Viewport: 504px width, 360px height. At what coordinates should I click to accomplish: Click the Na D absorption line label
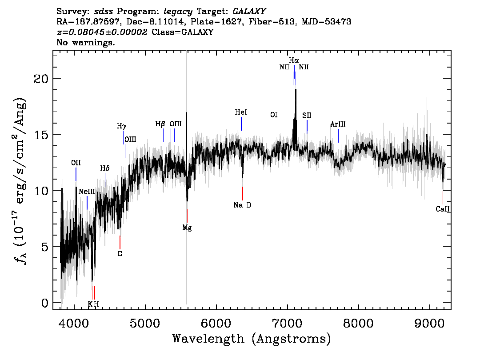click(x=242, y=205)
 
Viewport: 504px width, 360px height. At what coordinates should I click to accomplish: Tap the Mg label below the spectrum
click(x=187, y=228)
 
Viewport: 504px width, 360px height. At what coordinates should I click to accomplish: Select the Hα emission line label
click(x=294, y=60)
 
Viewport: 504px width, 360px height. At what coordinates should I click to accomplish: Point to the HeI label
click(x=241, y=112)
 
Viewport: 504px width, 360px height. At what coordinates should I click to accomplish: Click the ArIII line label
click(x=338, y=124)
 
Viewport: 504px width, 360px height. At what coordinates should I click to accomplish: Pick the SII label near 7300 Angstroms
click(x=307, y=116)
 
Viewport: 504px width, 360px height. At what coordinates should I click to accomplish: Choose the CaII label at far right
click(x=443, y=209)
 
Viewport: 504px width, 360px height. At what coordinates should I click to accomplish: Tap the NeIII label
click(x=87, y=192)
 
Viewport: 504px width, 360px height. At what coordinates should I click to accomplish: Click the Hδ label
click(x=105, y=168)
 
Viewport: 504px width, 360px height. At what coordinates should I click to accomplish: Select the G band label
click(x=120, y=254)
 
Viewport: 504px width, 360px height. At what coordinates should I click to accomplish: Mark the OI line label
click(x=274, y=115)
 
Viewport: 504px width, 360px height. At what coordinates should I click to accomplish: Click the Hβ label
click(x=160, y=124)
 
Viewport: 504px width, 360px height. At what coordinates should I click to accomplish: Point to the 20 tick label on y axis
click(x=41, y=78)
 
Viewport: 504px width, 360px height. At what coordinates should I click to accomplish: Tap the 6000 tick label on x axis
click(x=216, y=324)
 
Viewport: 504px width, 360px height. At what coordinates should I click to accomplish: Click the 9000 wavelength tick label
click(x=429, y=324)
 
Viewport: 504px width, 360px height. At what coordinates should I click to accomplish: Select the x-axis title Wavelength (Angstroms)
click(x=252, y=339)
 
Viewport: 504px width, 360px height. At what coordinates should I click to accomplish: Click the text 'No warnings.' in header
click(x=85, y=42)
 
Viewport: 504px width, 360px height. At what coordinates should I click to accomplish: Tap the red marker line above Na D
click(x=243, y=193)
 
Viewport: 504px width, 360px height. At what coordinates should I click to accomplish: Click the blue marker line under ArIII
click(x=338, y=136)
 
